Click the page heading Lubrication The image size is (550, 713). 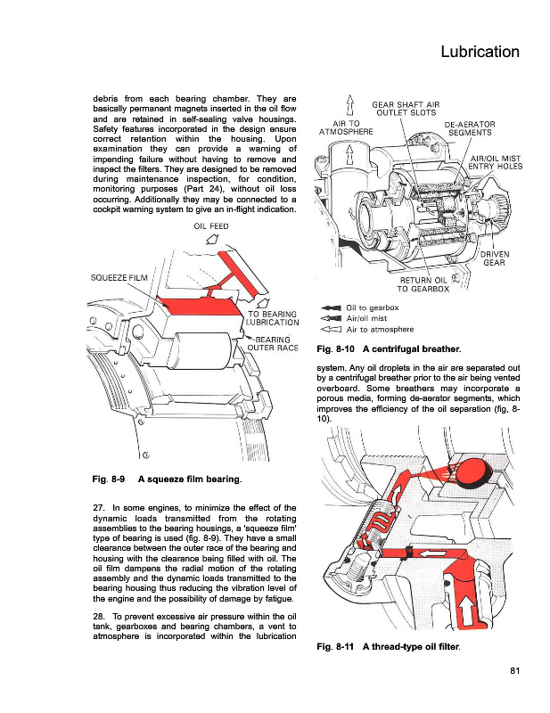(480, 52)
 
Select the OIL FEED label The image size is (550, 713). (211, 226)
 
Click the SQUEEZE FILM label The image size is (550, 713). (120, 277)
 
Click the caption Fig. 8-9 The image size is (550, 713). (110, 481)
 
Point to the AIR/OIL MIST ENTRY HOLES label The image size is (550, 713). (495, 161)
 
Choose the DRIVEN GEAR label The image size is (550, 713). (494, 258)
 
